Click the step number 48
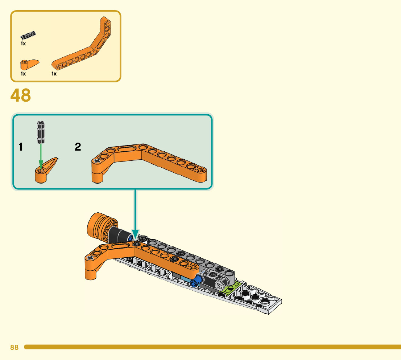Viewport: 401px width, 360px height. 21,95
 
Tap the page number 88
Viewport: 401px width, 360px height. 14,347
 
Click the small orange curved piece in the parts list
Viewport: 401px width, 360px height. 28,64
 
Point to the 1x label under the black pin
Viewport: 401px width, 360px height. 23,44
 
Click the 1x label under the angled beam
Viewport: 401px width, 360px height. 54,74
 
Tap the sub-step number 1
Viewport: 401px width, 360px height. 21,147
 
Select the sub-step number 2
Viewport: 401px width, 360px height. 78,147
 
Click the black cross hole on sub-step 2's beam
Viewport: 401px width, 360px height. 97,161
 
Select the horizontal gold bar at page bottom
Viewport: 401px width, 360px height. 212,347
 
